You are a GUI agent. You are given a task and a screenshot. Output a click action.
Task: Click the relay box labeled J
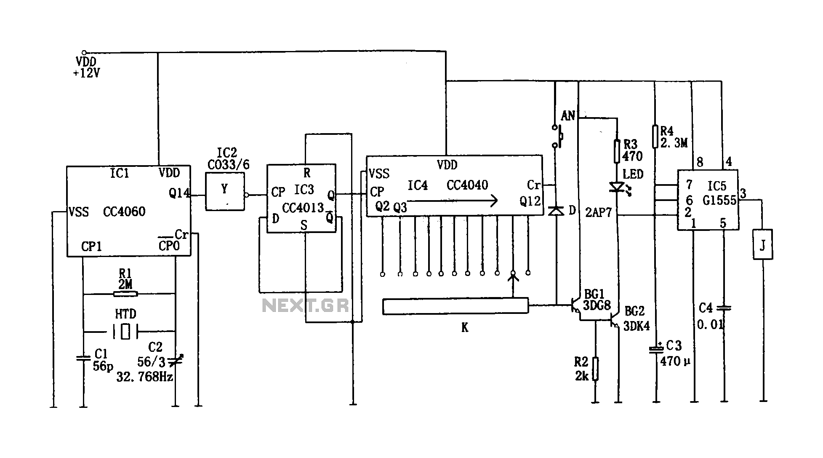(x=762, y=244)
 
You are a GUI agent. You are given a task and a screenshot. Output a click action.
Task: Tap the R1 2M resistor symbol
(x=125, y=294)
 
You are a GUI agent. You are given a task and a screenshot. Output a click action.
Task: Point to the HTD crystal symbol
(x=125, y=331)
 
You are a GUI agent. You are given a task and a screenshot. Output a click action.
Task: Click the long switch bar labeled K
(x=455, y=306)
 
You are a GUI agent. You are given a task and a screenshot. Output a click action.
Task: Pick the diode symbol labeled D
(x=557, y=210)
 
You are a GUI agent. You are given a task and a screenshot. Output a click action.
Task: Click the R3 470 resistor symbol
(x=617, y=151)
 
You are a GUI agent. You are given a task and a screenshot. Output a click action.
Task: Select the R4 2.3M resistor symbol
(x=655, y=136)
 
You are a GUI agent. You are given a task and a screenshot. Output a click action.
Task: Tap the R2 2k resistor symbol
(x=595, y=369)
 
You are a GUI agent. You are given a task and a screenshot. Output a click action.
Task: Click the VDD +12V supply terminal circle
(x=84, y=53)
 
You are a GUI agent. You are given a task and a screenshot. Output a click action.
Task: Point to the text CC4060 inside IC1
(x=124, y=212)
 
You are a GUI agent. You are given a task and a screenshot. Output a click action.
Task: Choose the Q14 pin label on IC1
(x=179, y=193)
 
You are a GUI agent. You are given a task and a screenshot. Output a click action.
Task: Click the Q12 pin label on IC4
(x=530, y=201)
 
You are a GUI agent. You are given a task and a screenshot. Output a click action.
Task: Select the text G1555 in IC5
(x=719, y=200)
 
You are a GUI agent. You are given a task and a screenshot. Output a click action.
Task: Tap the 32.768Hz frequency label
(x=144, y=377)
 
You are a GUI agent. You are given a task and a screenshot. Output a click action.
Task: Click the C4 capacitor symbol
(x=724, y=308)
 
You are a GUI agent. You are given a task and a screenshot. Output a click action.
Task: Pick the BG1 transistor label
(x=594, y=294)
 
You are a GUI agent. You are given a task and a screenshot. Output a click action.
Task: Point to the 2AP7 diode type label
(x=598, y=213)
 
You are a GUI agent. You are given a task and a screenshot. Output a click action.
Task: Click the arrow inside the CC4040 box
(x=453, y=201)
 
